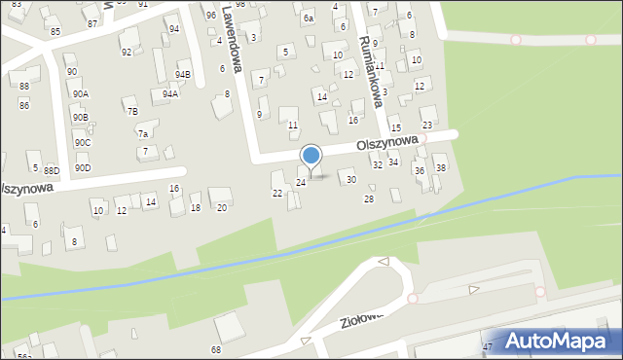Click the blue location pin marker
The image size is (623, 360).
click(x=311, y=157)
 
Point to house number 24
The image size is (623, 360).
click(x=301, y=182)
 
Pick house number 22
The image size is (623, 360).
click(x=277, y=193)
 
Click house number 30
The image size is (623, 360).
click(x=351, y=180)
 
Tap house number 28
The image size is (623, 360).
click(x=368, y=199)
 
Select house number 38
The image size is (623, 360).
click(x=440, y=168)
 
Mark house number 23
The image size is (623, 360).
click(x=426, y=126)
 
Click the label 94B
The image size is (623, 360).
click(x=183, y=74)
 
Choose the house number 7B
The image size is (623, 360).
click(x=132, y=111)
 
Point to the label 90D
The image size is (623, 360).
click(x=83, y=168)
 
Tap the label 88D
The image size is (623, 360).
click(x=52, y=171)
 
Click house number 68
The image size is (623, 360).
click(x=216, y=348)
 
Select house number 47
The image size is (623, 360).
click(x=487, y=346)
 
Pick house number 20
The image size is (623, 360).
click(x=221, y=208)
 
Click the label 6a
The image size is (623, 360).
click(x=309, y=18)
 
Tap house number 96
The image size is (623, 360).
click(x=211, y=16)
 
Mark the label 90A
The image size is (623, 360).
click(x=81, y=93)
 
